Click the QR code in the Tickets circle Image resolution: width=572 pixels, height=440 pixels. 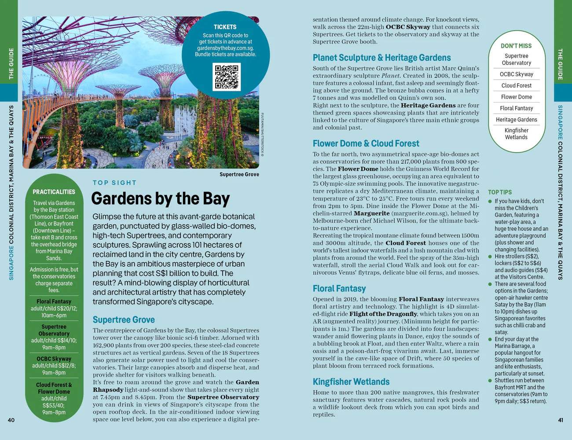tap(226, 77)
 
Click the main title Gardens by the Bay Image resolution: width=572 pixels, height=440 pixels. tap(160, 199)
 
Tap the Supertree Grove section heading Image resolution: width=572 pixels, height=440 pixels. tap(124, 320)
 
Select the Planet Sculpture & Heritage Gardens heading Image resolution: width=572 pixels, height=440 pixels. tap(381, 58)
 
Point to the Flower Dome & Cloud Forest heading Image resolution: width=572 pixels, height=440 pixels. tap(366, 143)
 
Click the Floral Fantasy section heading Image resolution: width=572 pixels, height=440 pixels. tap(339, 289)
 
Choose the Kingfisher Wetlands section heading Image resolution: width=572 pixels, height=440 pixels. tap(351, 381)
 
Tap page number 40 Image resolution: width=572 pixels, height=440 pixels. tap(11, 420)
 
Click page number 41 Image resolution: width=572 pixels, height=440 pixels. tap(560, 420)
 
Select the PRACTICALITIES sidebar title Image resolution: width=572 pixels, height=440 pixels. tap(54, 192)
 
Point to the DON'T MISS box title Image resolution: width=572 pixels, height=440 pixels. tap(516, 46)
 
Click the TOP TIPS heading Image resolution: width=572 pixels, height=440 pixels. tap(500, 192)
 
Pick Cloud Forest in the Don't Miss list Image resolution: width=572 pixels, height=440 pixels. tap(516, 85)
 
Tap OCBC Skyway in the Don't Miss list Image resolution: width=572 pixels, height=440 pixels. tap(516, 74)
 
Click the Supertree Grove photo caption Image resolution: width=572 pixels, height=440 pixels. tap(239, 175)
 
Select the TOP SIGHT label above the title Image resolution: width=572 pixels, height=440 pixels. tap(114, 183)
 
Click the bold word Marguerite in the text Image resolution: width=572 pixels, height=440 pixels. tap(372, 213)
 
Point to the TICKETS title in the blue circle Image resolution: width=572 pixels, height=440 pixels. tap(225, 27)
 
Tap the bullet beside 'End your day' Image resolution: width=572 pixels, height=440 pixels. tap(490, 339)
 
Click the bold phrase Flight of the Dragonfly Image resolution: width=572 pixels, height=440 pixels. tap(383, 314)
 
